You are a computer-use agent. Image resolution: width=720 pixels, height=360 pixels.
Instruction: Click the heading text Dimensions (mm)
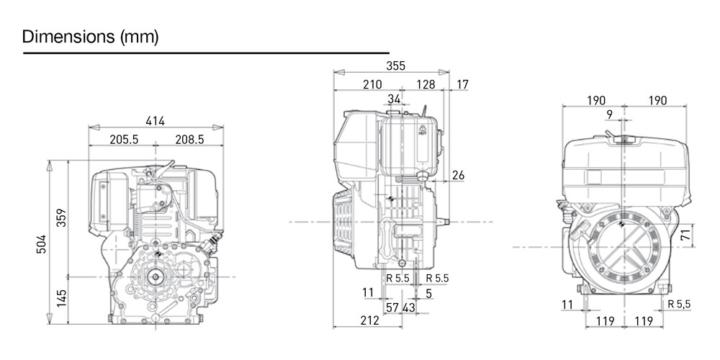pyautogui.click(x=90, y=36)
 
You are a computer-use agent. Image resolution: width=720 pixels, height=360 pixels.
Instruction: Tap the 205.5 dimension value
pyautogui.click(x=123, y=140)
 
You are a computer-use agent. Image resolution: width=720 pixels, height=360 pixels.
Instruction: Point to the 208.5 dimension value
pyautogui.click(x=189, y=140)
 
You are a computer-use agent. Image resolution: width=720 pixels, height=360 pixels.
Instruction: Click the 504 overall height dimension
pyautogui.click(x=42, y=244)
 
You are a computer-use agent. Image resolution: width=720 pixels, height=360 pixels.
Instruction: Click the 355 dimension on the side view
pyautogui.click(x=395, y=66)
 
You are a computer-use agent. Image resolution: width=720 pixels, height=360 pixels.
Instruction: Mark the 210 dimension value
pyautogui.click(x=372, y=84)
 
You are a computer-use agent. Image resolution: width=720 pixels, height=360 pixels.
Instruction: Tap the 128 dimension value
pyautogui.click(x=426, y=84)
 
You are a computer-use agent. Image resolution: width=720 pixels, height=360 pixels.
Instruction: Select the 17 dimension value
pyautogui.click(x=462, y=84)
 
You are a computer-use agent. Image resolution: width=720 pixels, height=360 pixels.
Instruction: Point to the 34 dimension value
pyautogui.click(x=394, y=99)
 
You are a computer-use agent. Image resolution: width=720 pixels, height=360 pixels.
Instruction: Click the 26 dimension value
pyautogui.click(x=458, y=175)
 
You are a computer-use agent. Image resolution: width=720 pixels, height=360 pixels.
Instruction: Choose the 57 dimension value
pyautogui.click(x=392, y=307)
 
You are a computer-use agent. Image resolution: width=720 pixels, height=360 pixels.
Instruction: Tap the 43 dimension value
pyautogui.click(x=408, y=307)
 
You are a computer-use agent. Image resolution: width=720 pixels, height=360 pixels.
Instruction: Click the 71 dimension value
pyautogui.click(x=685, y=234)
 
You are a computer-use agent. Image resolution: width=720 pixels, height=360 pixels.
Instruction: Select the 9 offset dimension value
pyautogui.click(x=610, y=114)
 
